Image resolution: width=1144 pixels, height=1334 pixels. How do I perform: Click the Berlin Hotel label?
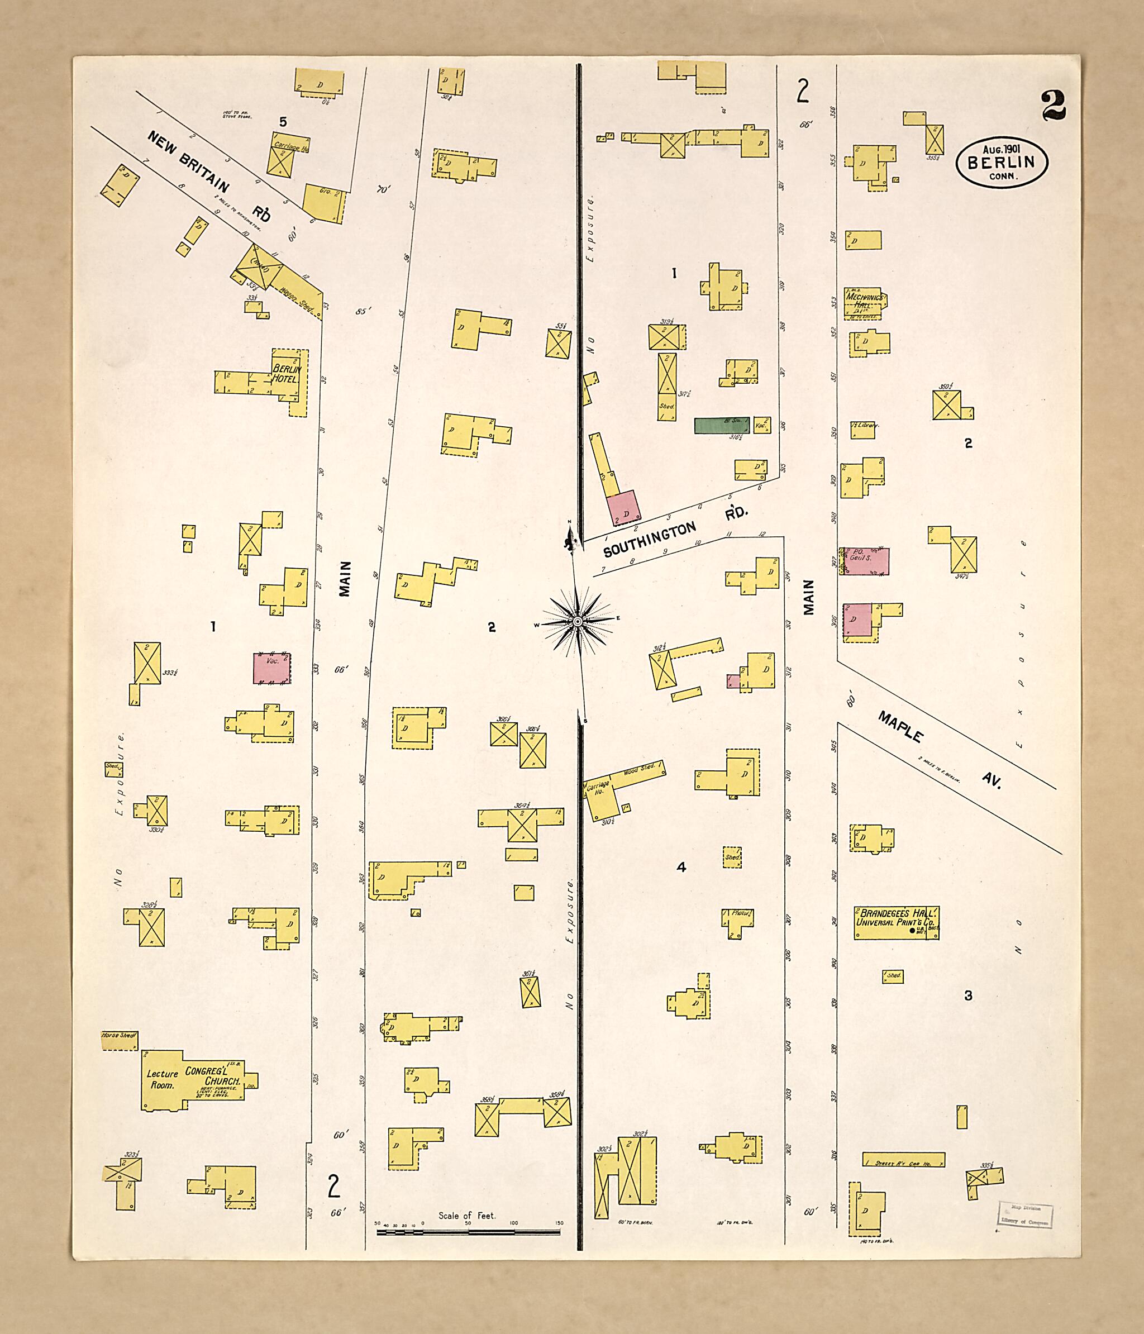tap(286, 373)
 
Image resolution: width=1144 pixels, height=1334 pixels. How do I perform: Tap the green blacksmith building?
tap(722, 425)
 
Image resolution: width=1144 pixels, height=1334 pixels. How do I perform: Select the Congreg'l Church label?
tap(213, 1076)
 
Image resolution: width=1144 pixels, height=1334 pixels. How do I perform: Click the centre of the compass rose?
tap(578, 621)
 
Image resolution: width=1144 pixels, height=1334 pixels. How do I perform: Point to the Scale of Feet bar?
tap(468, 1232)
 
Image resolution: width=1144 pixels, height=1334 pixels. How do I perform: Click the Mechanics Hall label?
tap(865, 301)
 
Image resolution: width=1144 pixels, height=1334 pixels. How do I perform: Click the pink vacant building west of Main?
tap(271, 668)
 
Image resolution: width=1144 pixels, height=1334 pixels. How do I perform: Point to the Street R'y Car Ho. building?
tap(903, 1160)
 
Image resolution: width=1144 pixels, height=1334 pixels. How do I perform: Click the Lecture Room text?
tap(161, 1079)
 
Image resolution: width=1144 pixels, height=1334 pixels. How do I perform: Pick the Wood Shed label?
tap(638, 770)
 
